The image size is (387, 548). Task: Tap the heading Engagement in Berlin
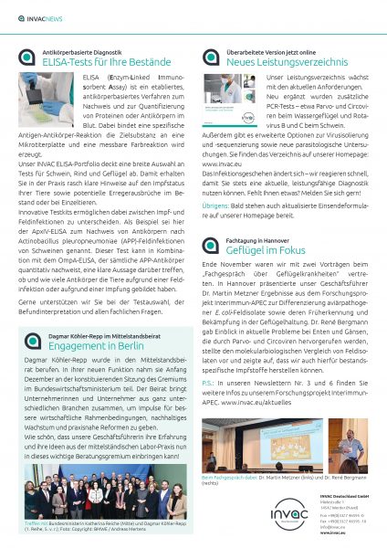(x=100, y=347)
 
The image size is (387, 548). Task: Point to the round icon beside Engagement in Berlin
(x=27, y=342)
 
